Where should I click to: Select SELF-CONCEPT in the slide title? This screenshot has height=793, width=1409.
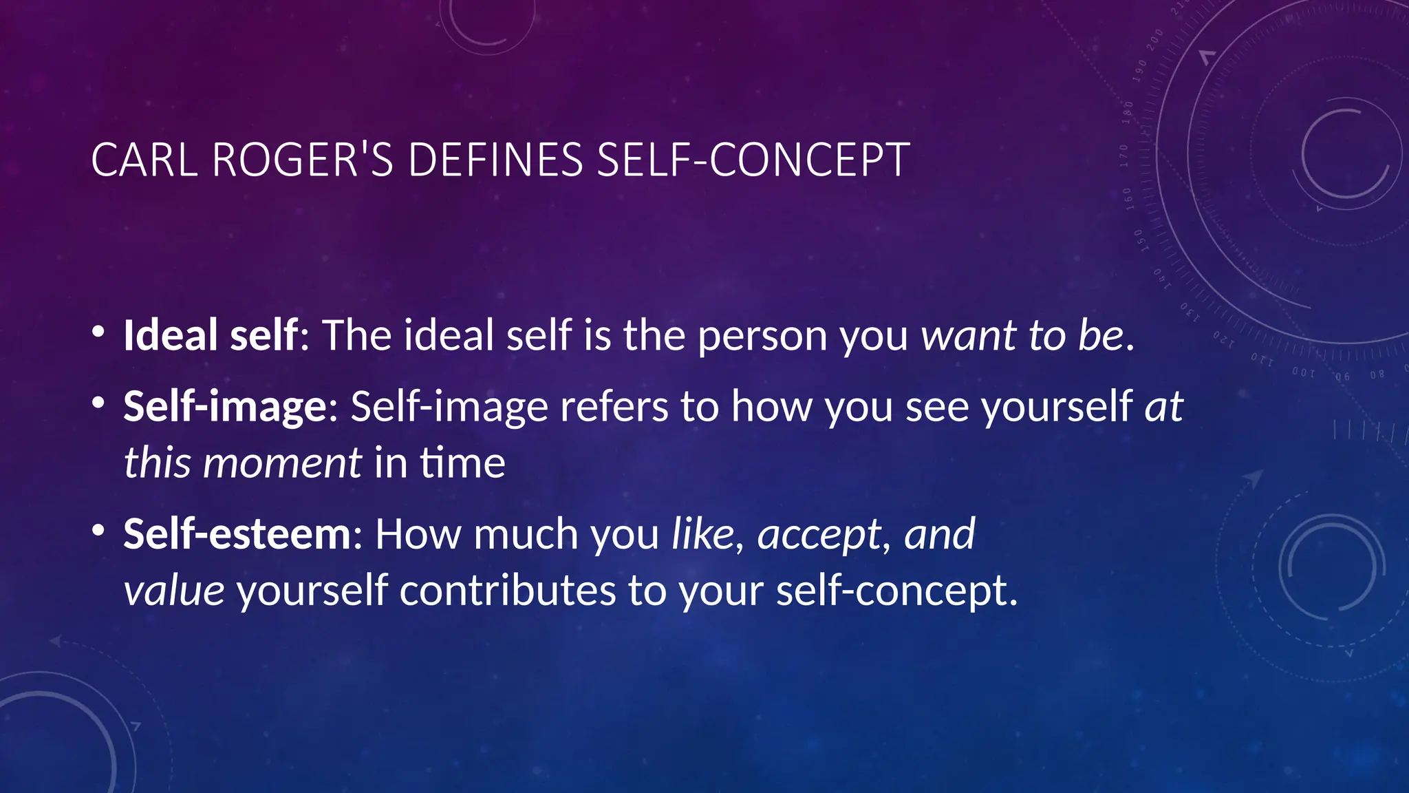[753, 160]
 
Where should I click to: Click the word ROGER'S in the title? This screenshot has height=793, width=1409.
[303, 160]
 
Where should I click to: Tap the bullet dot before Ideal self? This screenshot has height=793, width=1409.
[98, 332]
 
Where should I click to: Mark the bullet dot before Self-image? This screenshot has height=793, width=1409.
[98, 403]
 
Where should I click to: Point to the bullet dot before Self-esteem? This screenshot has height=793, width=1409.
[98, 530]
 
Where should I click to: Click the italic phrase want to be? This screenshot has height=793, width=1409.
[1022, 335]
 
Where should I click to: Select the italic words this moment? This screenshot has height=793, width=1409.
[242, 463]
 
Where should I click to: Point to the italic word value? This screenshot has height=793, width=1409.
[174, 591]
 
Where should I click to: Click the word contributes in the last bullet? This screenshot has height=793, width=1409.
[507, 591]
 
